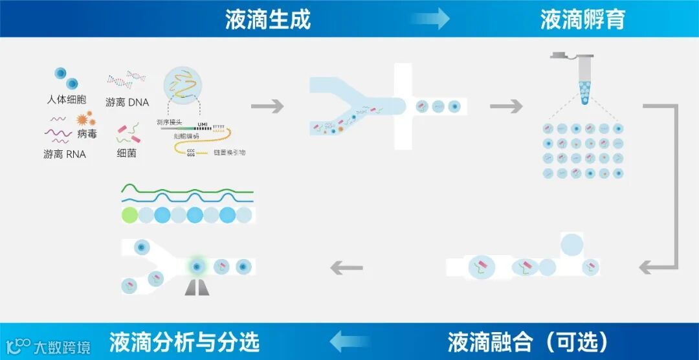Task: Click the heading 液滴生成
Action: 268,19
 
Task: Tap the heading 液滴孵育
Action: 582,19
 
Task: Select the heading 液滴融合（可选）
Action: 527,341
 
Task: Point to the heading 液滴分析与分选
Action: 184,341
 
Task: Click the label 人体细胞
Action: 67,100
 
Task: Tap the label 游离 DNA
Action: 128,102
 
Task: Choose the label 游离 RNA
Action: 65,154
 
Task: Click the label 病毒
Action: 87,134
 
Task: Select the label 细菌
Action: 127,153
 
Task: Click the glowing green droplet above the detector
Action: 197,267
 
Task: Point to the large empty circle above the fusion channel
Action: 571,245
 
